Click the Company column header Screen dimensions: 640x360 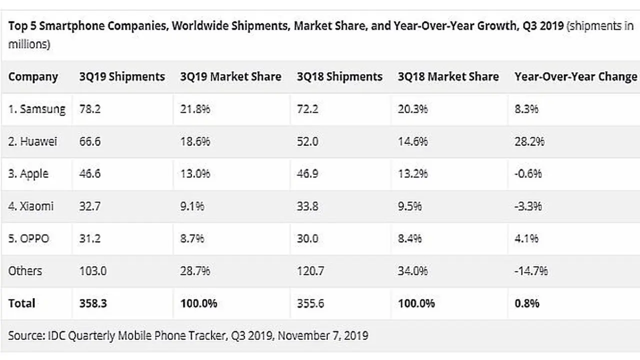33,77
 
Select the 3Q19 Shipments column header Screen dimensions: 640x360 122,76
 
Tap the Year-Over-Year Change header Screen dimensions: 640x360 575,76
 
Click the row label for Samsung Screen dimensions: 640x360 37,109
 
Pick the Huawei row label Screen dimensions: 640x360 32,141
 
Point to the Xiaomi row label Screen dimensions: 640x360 31,206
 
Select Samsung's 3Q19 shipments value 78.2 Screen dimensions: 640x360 89,109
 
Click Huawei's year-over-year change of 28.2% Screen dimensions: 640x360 529,141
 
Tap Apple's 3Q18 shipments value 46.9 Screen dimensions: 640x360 307,173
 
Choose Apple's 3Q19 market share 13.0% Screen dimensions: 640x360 195,173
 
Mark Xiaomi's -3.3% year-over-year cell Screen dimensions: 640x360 528,206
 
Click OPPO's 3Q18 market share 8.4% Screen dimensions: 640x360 409,238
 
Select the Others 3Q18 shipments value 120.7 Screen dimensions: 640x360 310,270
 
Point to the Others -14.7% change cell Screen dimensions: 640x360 531,270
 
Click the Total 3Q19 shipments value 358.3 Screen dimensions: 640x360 93,303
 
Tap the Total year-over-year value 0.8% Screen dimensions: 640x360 527,303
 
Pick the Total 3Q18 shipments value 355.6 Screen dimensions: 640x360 310,303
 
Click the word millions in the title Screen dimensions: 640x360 29,44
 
